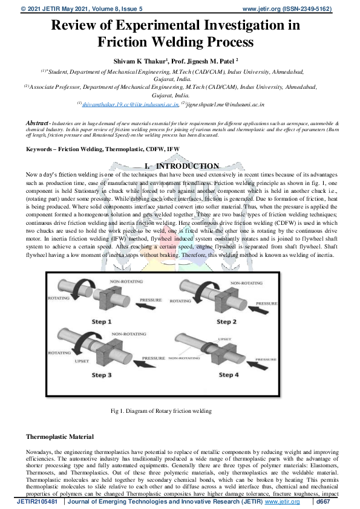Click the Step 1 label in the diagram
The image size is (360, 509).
[x=102, y=322]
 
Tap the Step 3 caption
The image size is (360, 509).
[x=102, y=375]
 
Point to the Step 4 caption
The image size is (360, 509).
[x=229, y=375]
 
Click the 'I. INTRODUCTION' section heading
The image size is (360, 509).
[x=180, y=166]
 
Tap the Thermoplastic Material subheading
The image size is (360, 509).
[x=60, y=436]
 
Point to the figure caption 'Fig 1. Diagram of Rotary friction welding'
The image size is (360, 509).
[x=162, y=411]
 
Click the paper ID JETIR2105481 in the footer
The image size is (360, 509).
[x=38, y=502]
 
